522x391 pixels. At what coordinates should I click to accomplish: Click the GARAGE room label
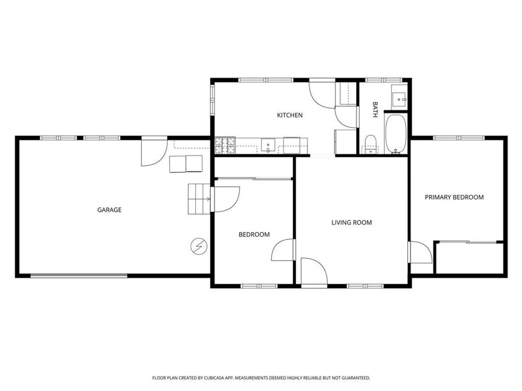pos(109,210)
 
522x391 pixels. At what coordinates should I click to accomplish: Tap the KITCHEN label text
pos(290,115)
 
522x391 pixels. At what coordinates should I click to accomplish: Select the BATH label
pos(375,109)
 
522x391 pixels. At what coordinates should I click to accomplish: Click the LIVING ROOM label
pos(351,222)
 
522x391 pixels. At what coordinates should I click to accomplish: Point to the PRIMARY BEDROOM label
pos(454,197)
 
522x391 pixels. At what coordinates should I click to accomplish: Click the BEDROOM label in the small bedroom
pos(254,235)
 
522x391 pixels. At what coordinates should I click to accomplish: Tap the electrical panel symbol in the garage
pos(198,246)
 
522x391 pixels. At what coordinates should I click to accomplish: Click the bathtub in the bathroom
pos(395,133)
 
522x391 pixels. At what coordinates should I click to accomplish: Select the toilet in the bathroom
pos(371,144)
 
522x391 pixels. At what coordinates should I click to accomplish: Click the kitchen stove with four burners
pos(225,145)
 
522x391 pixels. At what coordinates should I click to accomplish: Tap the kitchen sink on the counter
pos(268,145)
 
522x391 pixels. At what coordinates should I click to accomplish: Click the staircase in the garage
pos(199,199)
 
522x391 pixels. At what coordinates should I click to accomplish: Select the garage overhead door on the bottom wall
pos(79,276)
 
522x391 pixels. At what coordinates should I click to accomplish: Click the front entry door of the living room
pos(313,271)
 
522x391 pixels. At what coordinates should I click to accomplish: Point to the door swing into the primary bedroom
pos(421,253)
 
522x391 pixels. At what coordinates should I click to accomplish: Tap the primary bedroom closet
pos(469,258)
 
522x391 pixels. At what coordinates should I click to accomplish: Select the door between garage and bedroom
pos(225,199)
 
